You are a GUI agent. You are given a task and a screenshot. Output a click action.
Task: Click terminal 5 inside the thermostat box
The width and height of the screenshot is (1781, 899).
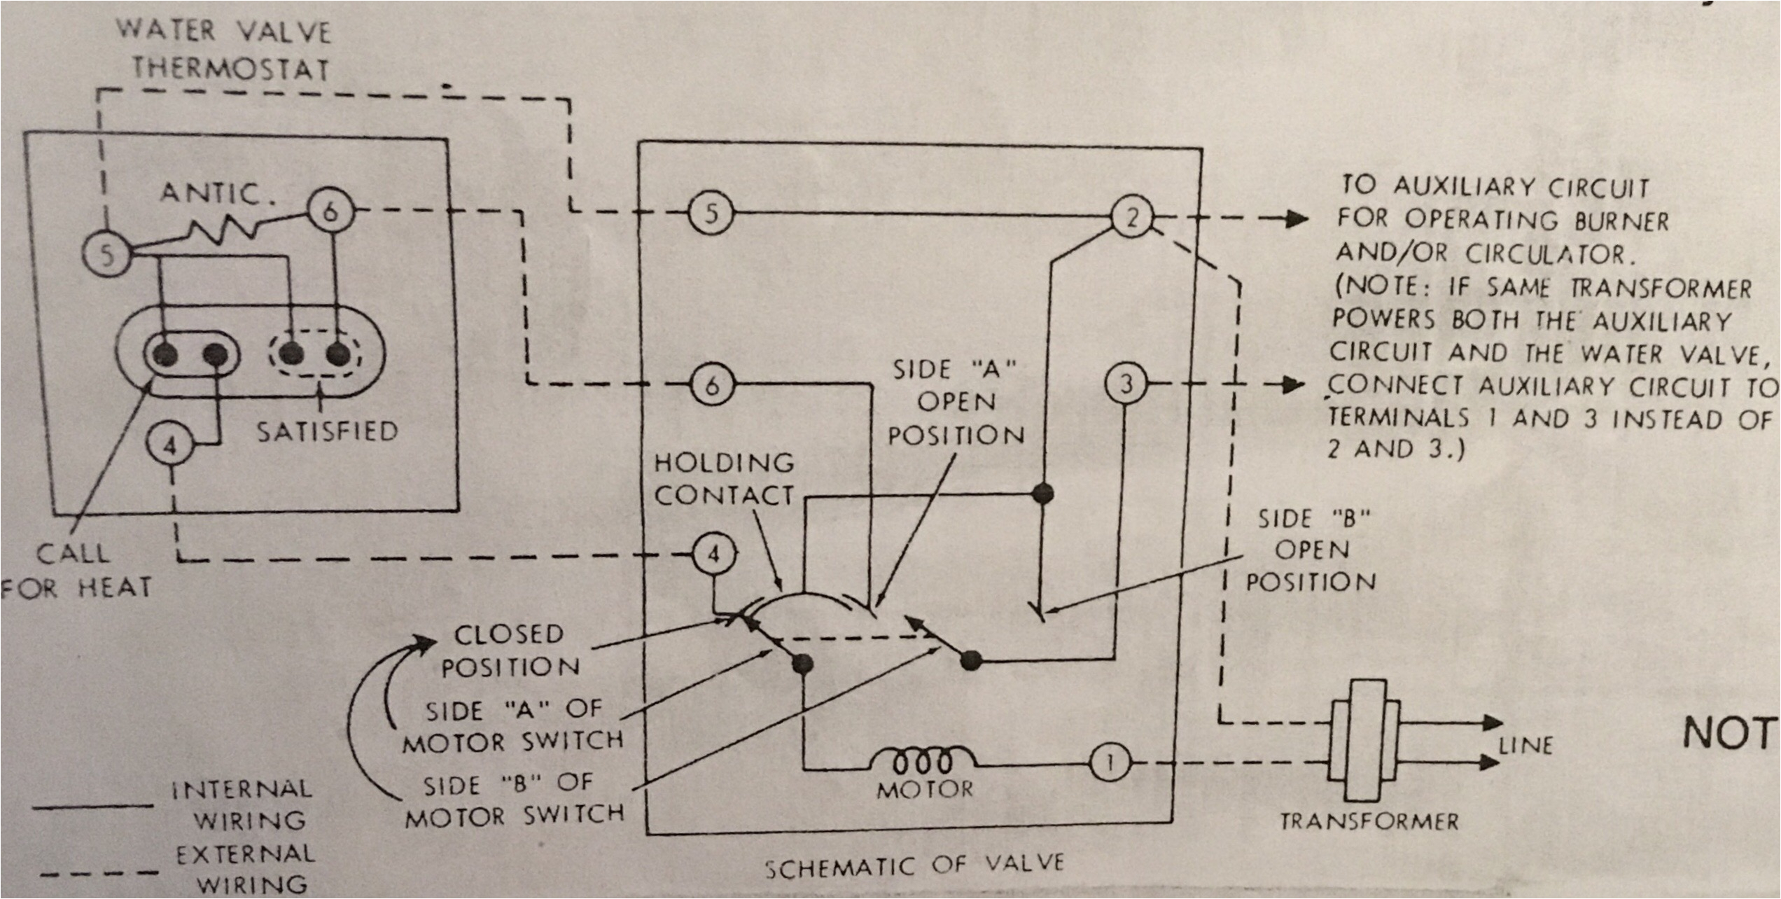tap(106, 253)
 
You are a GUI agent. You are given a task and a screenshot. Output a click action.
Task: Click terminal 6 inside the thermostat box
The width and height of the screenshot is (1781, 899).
tap(330, 210)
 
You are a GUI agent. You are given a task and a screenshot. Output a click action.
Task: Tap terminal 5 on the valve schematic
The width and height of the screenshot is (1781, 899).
tap(711, 213)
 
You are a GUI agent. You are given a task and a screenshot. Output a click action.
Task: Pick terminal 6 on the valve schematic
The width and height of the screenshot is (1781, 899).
tap(711, 384)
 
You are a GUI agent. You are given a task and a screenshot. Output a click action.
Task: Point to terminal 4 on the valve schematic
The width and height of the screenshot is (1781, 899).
tap(713, 555)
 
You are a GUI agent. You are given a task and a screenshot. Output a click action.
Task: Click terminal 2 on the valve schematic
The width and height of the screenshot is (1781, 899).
tap(1132, 218)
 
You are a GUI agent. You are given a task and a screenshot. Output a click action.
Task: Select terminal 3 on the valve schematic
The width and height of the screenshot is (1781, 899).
tap(1126, 384)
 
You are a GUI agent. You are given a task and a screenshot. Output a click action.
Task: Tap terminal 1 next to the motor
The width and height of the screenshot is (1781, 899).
tap(1110, 762)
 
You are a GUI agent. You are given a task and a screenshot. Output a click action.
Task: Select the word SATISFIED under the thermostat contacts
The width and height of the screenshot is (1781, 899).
tap(327, 431)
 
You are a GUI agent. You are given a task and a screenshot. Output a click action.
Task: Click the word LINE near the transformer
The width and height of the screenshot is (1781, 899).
tap(1526, 745)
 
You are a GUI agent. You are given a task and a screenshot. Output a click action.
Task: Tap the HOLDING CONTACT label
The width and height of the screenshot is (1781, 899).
tap(724, 479)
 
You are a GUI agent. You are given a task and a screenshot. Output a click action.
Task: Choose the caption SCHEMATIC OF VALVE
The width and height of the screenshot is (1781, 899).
tap(914, 865)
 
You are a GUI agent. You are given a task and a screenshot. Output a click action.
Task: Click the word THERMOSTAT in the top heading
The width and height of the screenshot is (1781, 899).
tap(231, 69)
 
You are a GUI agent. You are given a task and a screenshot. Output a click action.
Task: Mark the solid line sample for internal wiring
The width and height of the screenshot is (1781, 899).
tap(93, 807)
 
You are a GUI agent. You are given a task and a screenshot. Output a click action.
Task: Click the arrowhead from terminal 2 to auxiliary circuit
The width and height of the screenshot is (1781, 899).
tap(1297, 218)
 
